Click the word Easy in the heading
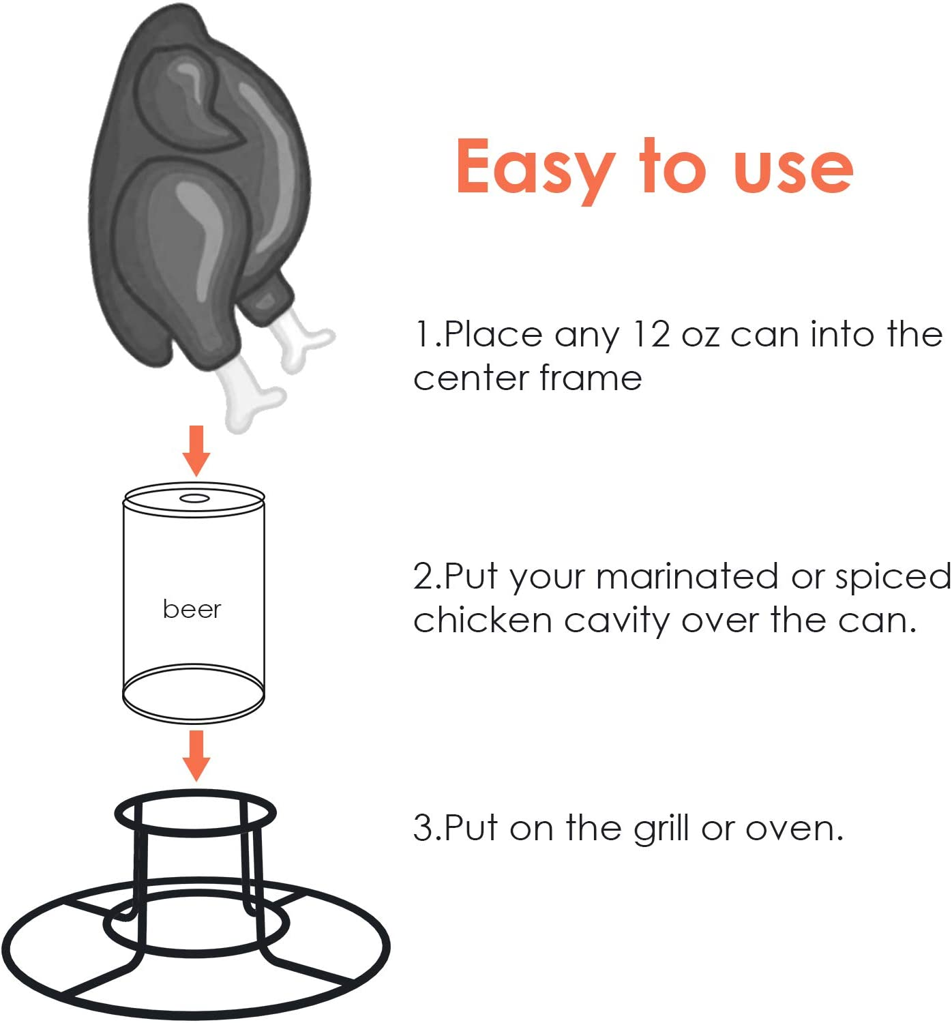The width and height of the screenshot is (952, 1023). [x=534, y=167]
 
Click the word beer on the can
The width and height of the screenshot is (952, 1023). [x=192, y=609]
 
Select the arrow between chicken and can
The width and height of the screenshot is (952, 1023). [x=196, y=450]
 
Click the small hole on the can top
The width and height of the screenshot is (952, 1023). [x=194, y=499]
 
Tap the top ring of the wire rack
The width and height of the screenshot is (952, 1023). [x=195, y=813]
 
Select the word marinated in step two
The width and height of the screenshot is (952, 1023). [x=687, y=576]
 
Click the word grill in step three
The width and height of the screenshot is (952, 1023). [x=661, y=829]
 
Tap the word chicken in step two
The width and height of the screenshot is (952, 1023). [x=482, y=621]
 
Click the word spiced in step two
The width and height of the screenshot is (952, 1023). [x=893, y=578]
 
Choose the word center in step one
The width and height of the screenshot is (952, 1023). [x=470, y=379]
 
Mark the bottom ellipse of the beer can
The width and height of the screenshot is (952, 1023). [x=193, y=693]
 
